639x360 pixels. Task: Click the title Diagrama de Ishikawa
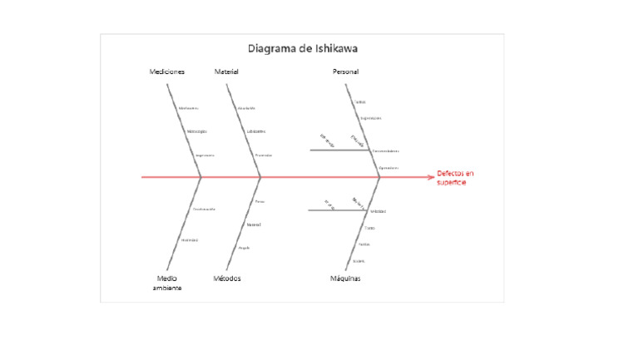303,49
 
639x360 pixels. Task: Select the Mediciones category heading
166,72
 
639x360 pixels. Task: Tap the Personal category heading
345,72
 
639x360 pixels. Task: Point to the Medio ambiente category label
166,283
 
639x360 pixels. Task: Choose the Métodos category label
227,279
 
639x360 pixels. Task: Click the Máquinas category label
345,279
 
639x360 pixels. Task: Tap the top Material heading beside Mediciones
226,72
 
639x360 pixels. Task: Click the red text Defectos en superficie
455,177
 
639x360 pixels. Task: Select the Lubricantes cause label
255,131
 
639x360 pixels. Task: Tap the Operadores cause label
389,167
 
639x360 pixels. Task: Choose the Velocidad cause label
378,211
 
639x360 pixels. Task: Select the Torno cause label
369,227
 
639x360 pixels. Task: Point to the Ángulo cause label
244,248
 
